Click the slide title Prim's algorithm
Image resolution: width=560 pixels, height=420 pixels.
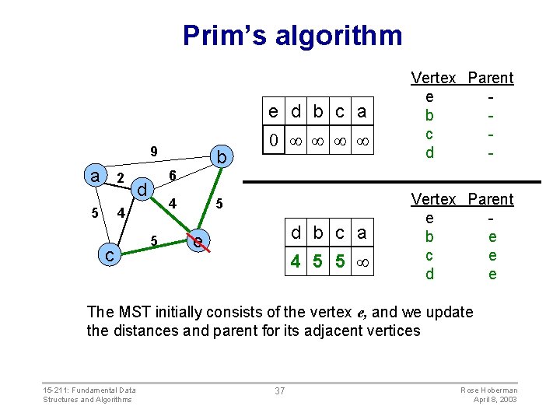(292, 36)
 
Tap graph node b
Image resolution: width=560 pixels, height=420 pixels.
(221, 158)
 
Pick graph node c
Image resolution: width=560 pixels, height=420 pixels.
(110, 254)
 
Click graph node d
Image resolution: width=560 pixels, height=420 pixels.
(142, 190)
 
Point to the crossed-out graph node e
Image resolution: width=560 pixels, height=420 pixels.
(199, 243)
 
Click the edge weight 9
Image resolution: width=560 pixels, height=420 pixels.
(154, 151)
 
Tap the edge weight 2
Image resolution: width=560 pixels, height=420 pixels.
(120, 179)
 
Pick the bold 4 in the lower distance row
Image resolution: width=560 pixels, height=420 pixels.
(296, 263)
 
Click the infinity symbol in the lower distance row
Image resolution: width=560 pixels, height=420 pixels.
(362, 263)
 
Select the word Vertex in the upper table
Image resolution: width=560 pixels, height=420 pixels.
(433, 78)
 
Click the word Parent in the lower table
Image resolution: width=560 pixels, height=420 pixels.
(491, 199)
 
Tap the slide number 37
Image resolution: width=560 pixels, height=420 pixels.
(280, 390)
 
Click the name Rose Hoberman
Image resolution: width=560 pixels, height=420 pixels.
(489, 390)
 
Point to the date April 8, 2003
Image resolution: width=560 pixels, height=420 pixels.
(495, 399)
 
